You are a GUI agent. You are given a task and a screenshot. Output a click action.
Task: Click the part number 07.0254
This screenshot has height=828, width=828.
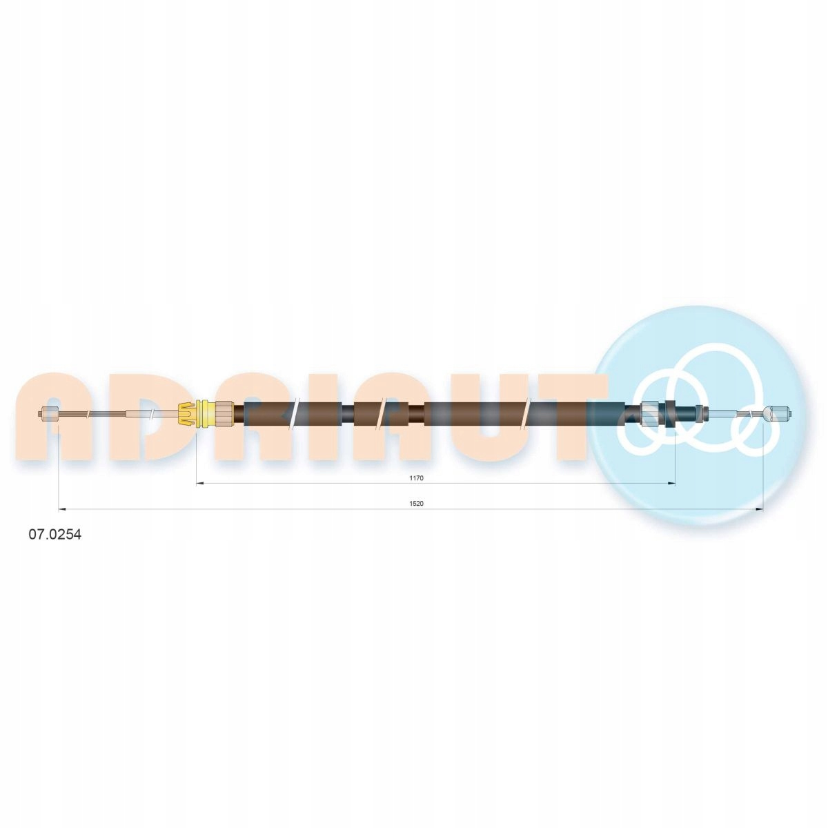tap(55, 535)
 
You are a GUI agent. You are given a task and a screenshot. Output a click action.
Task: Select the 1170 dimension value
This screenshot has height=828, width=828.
tap(416, 478)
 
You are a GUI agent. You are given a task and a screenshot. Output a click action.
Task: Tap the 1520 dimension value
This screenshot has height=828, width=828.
tap(416, 504)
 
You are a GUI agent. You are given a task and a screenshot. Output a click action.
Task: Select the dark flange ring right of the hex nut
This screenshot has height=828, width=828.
tap(670, 414)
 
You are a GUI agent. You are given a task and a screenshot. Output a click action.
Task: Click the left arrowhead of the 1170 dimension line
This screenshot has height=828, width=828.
tap(199, 484)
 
